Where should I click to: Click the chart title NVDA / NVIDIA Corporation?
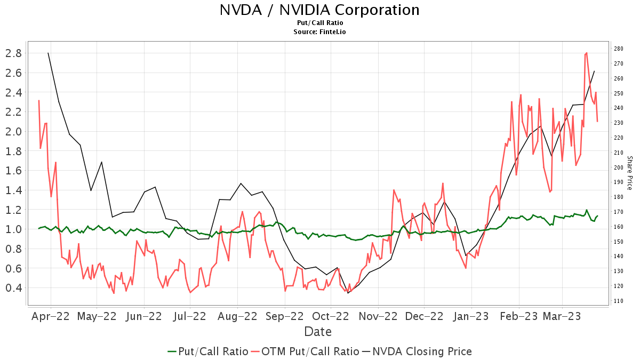coord(319,10)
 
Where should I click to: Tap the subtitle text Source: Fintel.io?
coord(319,32)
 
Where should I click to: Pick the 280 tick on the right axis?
coord(619,49)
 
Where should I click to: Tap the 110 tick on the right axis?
coord(619,301)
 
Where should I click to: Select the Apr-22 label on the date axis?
coord(51,316)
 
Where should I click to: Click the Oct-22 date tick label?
coord(331,316)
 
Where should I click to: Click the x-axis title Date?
coord(318,332)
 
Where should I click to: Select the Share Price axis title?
coord(629,173)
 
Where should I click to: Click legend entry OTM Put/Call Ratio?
coord(310,351)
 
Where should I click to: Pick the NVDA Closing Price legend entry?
coord(421,351)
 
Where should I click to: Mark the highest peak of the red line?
coord(587,53)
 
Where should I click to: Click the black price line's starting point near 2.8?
coord(48,53)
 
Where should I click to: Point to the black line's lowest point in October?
coord(348,293)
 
